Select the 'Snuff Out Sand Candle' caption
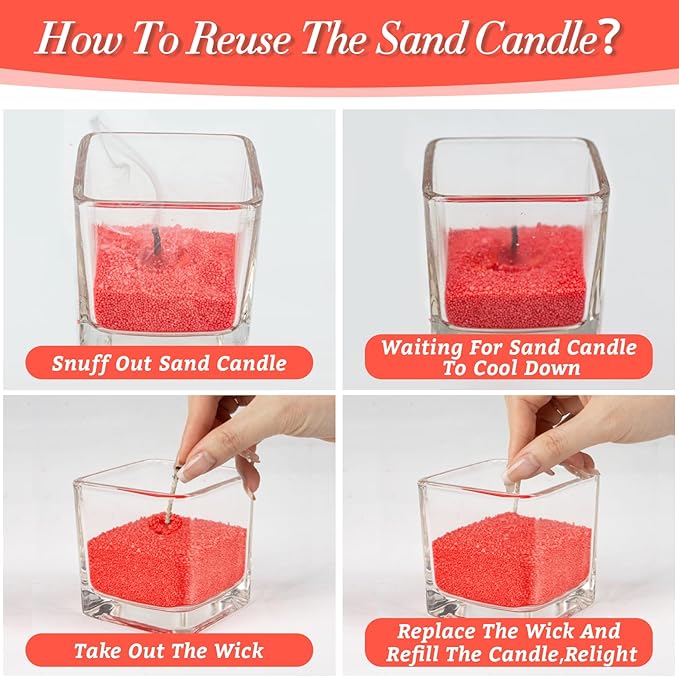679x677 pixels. (x=169, y=362)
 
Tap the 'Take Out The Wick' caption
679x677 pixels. (x=169, y=651)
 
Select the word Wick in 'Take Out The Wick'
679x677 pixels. (x=237, y=651)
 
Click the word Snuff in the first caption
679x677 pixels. (x=78, y=362)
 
